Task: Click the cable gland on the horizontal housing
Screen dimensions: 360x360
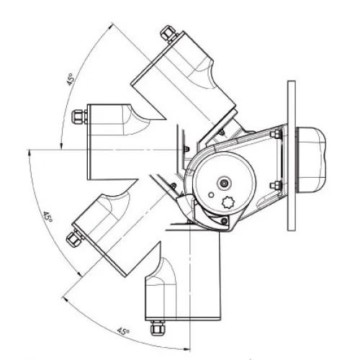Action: pos(80,117)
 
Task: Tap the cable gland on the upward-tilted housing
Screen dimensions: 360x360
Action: pos(168,34)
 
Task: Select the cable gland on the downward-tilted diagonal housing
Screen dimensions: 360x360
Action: pos(74,238)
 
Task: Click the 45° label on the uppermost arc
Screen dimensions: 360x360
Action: pos(71,79)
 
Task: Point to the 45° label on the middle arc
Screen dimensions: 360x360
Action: pos(48,216)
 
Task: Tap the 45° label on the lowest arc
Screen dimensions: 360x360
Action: pos(123,331)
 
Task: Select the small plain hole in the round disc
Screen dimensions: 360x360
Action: pos(211,194)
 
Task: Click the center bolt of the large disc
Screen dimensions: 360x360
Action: pos(225,184)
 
